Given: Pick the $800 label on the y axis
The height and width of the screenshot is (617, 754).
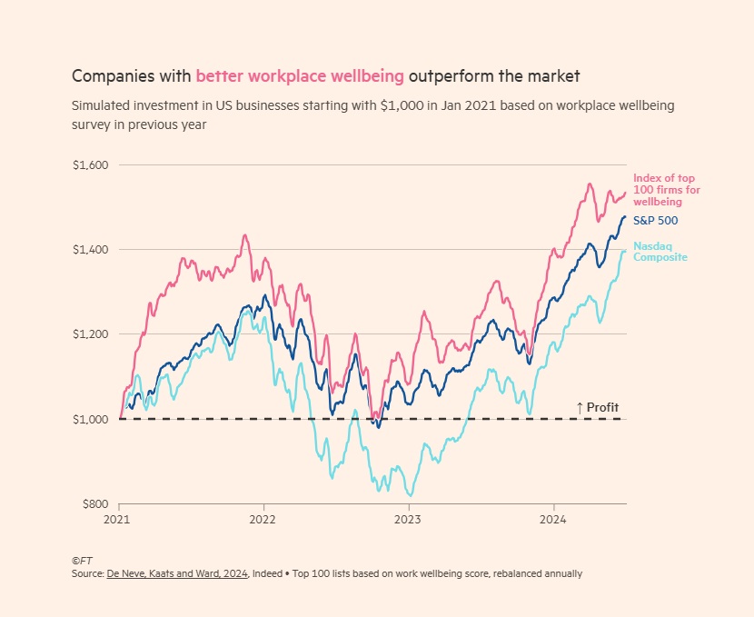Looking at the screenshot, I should click(94, 503).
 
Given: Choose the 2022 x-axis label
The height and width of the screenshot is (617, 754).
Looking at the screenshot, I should click(263, 521).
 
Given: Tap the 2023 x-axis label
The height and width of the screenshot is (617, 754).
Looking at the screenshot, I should click(408, 521).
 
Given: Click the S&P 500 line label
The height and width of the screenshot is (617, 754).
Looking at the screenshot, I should click(655, 221).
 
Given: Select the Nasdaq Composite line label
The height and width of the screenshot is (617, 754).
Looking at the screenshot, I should click(654, 252).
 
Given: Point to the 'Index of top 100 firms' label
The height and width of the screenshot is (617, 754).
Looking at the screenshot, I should click(666, 190).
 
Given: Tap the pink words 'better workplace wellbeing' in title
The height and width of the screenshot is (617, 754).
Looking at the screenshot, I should click(300, 75).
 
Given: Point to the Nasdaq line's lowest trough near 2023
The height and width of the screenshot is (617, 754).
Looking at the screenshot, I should click(411, 495).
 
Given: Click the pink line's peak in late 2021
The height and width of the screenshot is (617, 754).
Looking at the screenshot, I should click(244, 235).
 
